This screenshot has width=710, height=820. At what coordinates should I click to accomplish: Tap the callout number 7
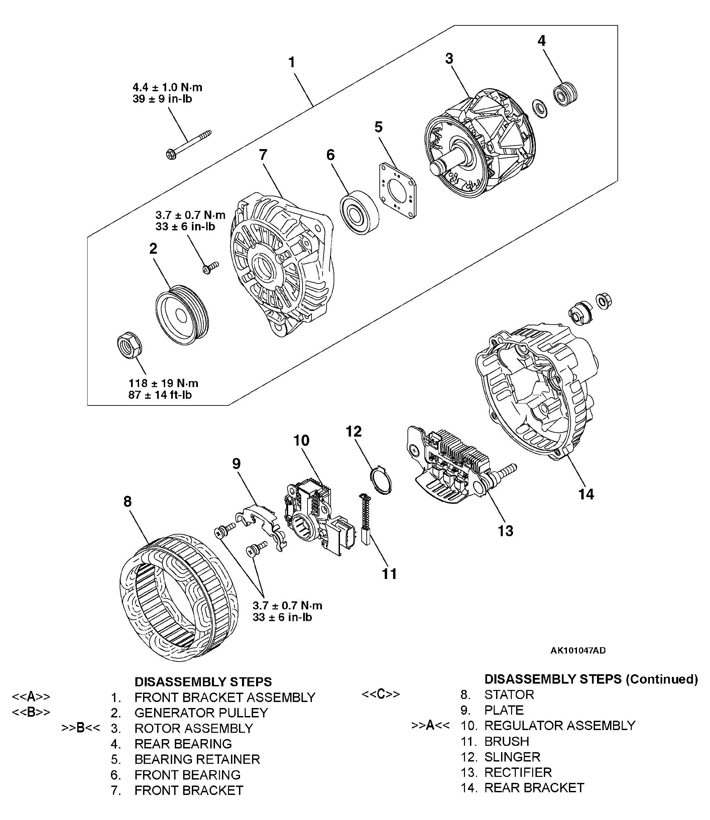[263, 155]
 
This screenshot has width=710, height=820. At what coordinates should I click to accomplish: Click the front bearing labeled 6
[359, 212]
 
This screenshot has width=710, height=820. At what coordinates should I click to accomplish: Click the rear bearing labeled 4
[565, 94]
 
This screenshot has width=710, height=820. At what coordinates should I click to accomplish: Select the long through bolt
[188, 144]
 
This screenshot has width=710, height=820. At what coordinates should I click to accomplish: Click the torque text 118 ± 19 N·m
[163, 383]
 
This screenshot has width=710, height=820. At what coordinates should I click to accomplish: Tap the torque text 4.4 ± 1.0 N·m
[167, 87]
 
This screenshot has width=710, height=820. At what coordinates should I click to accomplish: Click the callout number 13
[505, 531]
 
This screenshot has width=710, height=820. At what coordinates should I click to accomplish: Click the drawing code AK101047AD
[578, 651]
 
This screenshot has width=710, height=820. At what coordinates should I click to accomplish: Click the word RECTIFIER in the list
[518, 773]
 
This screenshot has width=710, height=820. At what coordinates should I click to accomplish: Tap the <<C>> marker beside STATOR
[381, 694]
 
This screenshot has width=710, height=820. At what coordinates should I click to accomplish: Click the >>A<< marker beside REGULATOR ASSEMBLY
[430, 725]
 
